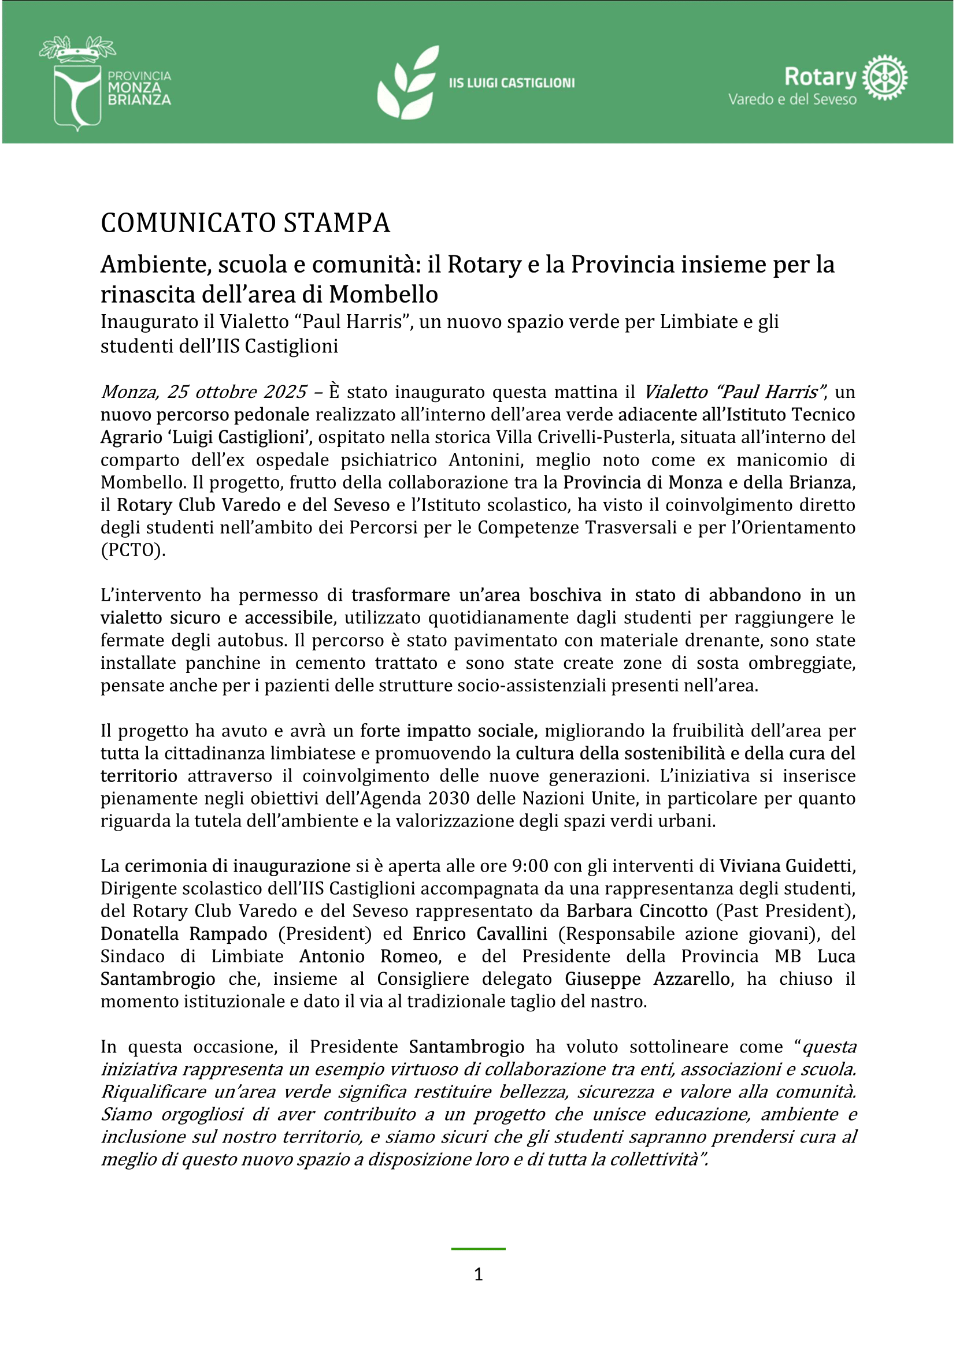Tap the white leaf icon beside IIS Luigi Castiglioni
pyautogui.click(x=408, y=83)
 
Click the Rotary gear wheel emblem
pyautogui.click(x=884, y=77)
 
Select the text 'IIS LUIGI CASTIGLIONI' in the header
pyautogui.click(x=512, y=83)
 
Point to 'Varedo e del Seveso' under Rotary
pyautogui.click(x=792, y=99)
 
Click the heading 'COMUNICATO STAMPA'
pyautogui.click(x=245, y=224)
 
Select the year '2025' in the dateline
pyautogui.click(x=285, y=392)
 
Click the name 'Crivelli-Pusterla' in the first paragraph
pyautogui.click(x=595, y=437)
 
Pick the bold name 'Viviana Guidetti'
pyautogui.click(x=785, y=866)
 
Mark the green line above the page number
pyautogui.click(x=478, y=1249)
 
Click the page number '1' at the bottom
pyautogui.click(x=478, y=1275)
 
